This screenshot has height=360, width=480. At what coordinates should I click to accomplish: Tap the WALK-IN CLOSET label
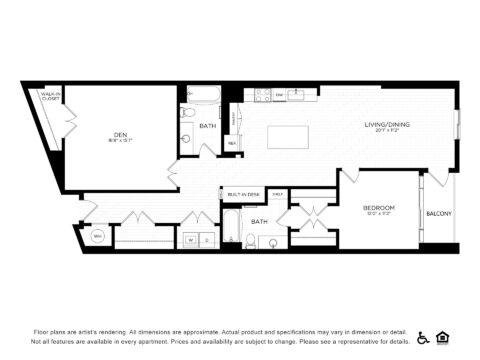48,97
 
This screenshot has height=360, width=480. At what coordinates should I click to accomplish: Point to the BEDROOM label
379,208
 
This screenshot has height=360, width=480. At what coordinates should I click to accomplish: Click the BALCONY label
439,213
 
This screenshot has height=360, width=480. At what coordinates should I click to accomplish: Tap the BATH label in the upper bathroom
208,126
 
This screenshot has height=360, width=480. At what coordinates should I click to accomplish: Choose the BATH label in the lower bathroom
260,221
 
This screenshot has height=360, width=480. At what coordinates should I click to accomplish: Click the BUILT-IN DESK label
244,194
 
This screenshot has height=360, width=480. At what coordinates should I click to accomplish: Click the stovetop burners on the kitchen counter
263,96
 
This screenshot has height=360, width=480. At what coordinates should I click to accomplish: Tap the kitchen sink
297,95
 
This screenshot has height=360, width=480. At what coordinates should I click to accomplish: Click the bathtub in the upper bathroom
200,98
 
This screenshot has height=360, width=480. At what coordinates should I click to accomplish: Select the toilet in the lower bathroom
251,240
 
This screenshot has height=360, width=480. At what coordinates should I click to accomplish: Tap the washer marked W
190,240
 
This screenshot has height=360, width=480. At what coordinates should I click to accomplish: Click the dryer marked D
207,240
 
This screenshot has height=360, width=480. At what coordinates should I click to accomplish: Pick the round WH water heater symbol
99,237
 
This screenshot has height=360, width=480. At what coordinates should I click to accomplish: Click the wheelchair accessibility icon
424,337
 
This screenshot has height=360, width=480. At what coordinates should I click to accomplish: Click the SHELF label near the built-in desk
278,193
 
